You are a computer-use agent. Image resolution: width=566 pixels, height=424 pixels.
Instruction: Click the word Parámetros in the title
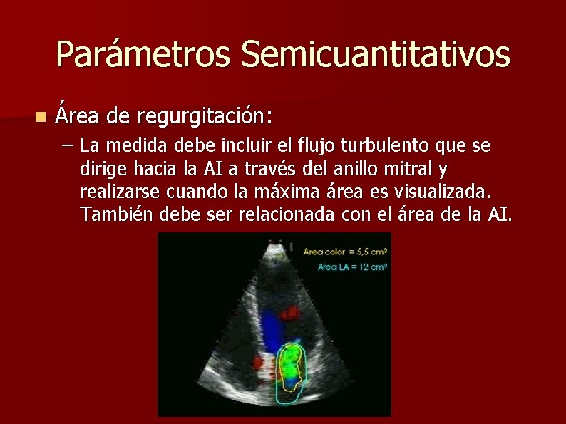click(143, 55)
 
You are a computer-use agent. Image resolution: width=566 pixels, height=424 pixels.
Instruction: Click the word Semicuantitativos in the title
click(375, 55)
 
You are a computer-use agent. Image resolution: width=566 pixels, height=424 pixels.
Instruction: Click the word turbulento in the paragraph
click(384, 146)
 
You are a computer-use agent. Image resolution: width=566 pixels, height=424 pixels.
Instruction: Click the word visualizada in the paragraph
click(436, 192)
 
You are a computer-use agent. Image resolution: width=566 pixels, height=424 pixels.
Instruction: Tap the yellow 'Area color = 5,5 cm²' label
click(345, 252)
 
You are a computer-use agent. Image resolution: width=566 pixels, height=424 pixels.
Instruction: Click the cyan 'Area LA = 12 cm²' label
click(351, 267)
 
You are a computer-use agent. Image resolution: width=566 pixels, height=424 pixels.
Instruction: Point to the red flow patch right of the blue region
click(292, 311)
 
